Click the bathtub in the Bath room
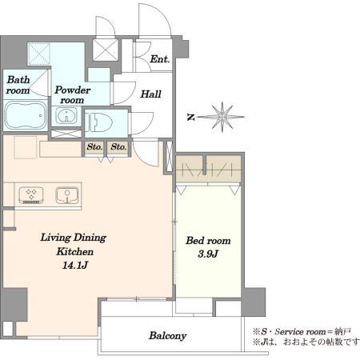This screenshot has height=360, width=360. point(26,115)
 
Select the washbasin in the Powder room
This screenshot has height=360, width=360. point(66,116)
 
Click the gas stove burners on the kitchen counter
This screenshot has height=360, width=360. point(31,195)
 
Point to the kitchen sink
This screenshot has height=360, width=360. point(67,195)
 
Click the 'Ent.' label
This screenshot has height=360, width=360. point(160,59)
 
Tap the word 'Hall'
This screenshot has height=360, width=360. point(151,94)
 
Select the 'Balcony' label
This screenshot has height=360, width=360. point(167,336)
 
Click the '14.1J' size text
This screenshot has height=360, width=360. point(75,265)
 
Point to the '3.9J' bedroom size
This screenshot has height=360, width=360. point(208,254)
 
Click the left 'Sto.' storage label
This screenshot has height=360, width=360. point(94,146)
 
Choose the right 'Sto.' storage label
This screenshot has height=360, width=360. point(118,146)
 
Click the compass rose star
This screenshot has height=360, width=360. point(222,117)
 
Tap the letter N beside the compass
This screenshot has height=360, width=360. point(190,117)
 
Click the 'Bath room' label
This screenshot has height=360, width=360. point(18,85)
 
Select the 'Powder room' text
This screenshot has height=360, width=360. point(72,95)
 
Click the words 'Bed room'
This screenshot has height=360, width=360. point(208,241)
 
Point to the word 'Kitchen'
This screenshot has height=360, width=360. point(75,251)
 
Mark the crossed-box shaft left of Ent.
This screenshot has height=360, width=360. point(106,50)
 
